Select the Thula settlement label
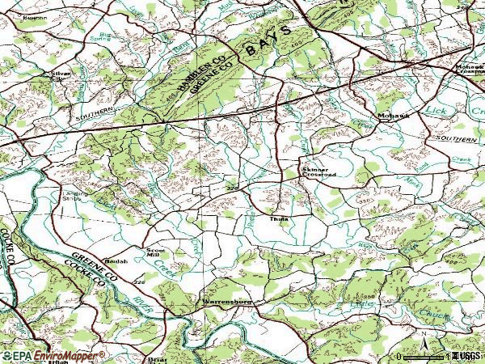point(279,218)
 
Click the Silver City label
point(62,74)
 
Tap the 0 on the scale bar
point(399,357)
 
